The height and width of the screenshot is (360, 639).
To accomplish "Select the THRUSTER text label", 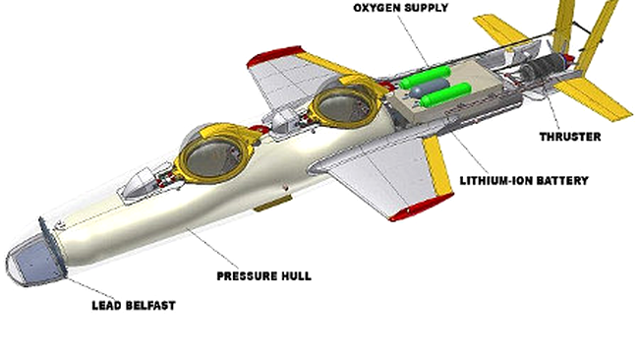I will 569,137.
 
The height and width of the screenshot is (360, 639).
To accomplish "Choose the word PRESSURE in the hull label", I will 248,275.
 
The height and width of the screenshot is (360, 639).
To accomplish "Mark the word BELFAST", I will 145,306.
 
